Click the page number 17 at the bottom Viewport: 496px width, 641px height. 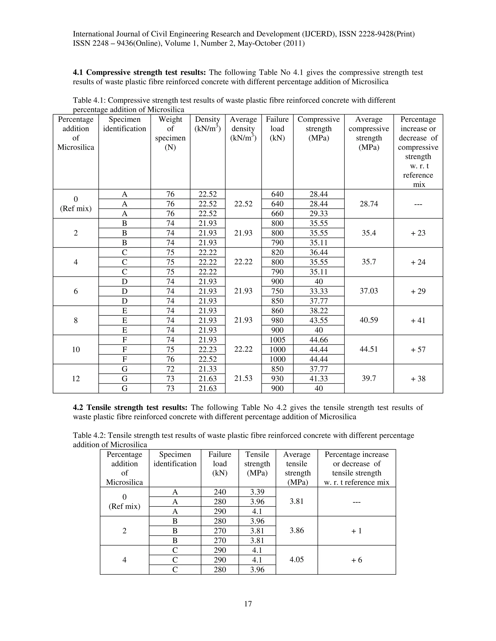pyautogui.click(x=248, y=604)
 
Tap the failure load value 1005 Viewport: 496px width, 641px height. pyautogui.click(x=277, y=340)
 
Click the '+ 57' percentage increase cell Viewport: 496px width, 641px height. pyautogui.click(x=418, y=350)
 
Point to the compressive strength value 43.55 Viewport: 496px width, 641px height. pyautogui.click(x=318, y=320)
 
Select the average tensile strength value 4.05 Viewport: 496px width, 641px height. pyautogui.click(x=296, y=559)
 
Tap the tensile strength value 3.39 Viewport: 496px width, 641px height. pyautogui.click(x=257, y=492)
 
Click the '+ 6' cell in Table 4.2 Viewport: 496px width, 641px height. pyautogui.click(x=356, y=560)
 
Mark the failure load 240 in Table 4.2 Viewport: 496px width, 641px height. pyautogui.click(x=220, y=492)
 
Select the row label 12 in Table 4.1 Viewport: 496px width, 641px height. pyautogui.click(x=76, y=379)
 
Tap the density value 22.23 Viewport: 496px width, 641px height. pyautogui.click(x=208, y=349)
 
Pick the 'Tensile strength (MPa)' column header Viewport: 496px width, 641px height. pyautogui.click(x=257, y=463)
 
